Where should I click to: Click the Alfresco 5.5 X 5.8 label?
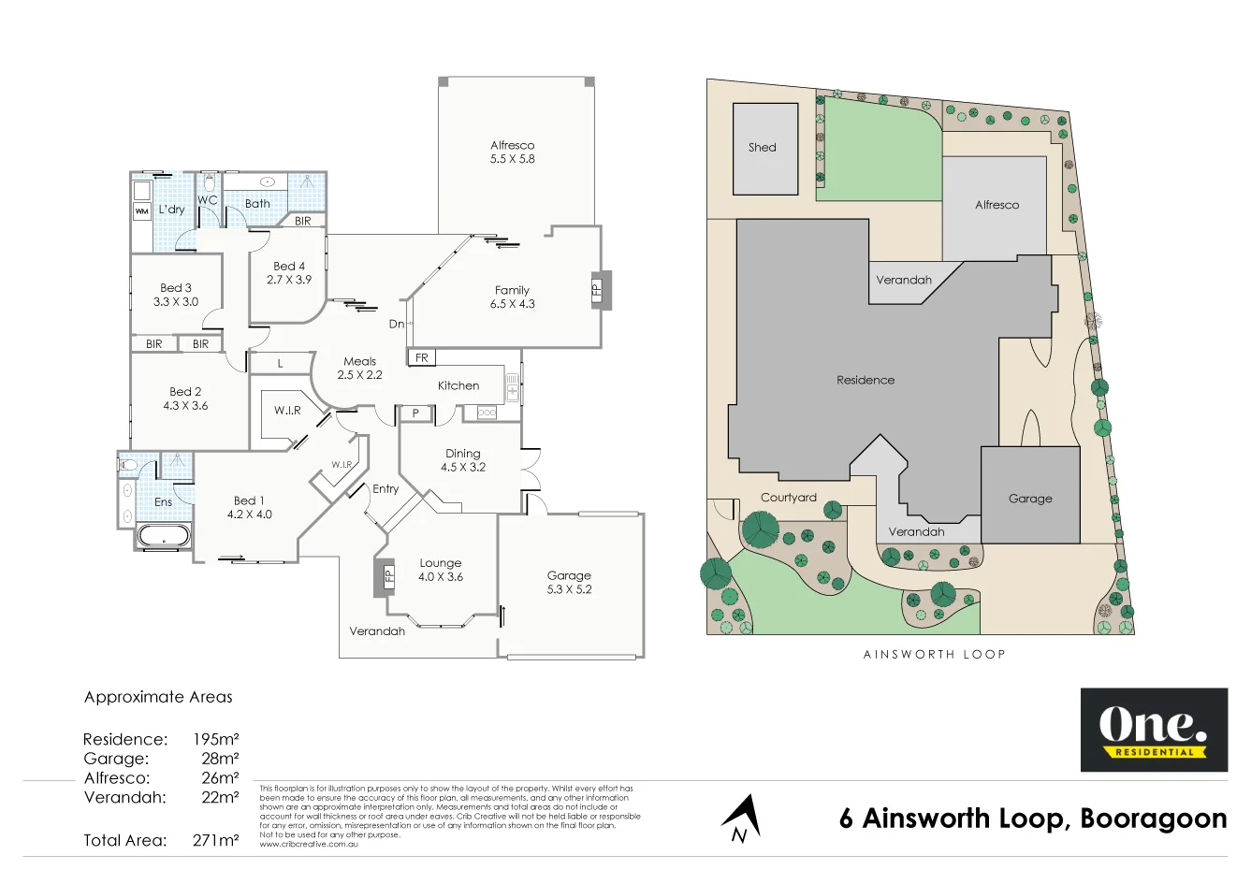512,152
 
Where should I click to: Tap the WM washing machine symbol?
142,212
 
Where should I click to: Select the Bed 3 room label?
176,295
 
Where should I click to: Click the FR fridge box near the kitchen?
421,357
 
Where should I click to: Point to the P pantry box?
415,413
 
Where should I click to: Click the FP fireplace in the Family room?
598,290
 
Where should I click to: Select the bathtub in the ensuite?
164,536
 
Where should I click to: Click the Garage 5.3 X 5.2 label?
569,583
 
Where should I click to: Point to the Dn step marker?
397,324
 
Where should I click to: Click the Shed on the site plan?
764,148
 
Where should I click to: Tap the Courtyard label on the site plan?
788,498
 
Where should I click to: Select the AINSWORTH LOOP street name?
934,654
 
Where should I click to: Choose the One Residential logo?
1154,730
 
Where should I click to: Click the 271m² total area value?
215,840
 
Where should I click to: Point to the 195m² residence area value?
215,739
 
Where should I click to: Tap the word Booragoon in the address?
1153,819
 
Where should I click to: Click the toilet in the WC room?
209,181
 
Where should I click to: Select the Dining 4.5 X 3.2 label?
463,460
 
